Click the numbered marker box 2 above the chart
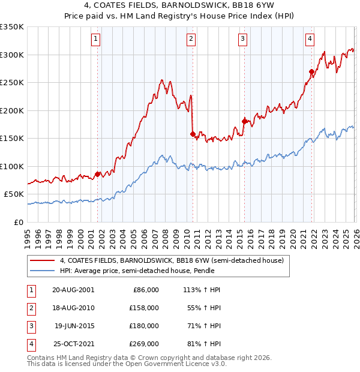click(x=191, y=40)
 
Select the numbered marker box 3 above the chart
click(x=243, y=40)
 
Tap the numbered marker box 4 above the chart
click(x=310, y=40)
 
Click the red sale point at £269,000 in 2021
click(x=311, y=72)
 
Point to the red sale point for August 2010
click(x=193, y=134)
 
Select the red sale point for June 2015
click(x=244, y=121)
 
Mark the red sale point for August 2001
click(x=97, y=174)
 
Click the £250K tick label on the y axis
click(x=12, y=83)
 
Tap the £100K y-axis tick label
click(x=12, y=166)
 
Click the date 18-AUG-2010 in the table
click(x=73, y=307)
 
